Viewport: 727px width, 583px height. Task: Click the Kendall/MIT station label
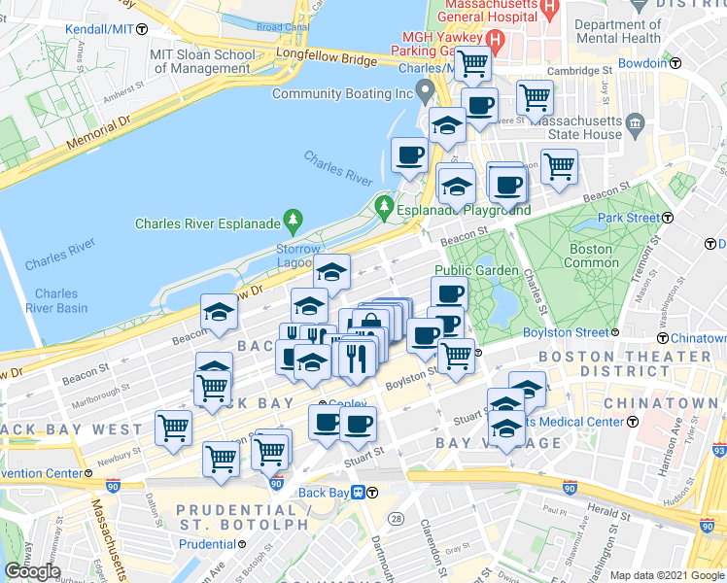[x=97, y=29]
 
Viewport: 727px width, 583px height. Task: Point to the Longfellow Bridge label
[x=325, y=60]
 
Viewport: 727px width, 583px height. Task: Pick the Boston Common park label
[x=590, y=256]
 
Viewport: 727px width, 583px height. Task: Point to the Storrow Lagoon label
[x=296, y=257]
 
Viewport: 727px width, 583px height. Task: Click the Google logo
[x=32, y=571]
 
